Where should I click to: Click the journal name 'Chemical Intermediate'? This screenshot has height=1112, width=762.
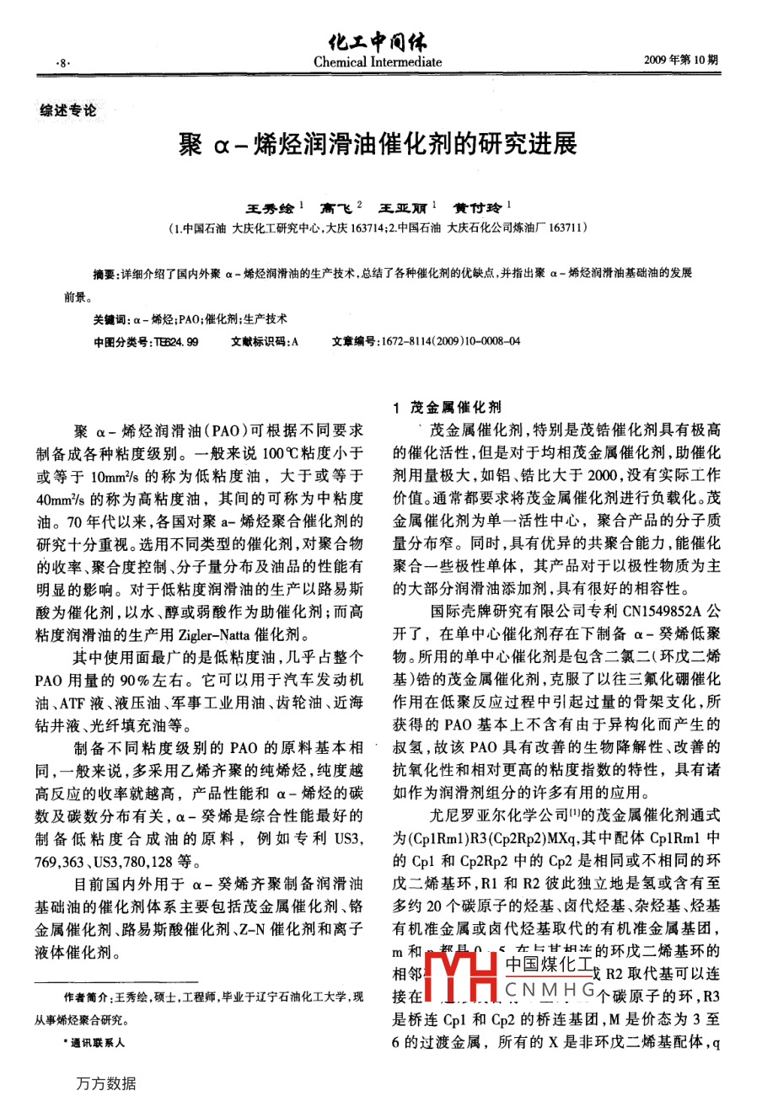(x=377, y=61)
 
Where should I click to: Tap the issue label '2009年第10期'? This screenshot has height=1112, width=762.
(x=680, y=61)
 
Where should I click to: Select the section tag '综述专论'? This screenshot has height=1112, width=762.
(x=68, y=110)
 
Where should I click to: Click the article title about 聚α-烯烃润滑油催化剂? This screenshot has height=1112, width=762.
(x=378, y=145)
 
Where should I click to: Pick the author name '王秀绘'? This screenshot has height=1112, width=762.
(x=269, y=206)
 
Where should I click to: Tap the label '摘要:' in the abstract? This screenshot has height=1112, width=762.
(x=106, y=274)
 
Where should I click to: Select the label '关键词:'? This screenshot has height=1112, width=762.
(x=110, y=319)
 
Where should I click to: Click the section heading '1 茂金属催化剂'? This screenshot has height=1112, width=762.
(x=447, y=407)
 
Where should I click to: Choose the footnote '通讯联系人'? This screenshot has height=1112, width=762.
(x=97, y=1042)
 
